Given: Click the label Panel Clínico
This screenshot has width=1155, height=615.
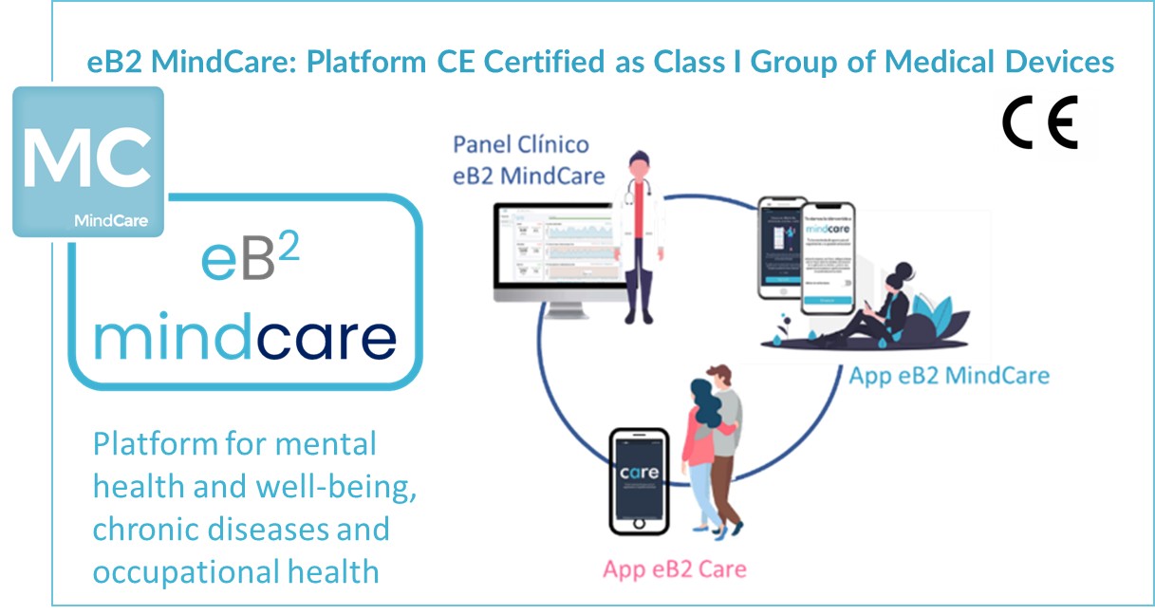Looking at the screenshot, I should pyautogui.click(x=520, y=144).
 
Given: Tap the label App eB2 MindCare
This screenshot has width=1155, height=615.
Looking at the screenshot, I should pyautogui.click(x=949, y=375).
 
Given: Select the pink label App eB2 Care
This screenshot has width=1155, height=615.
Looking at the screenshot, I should pyautogui.click(x=675, y=569).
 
